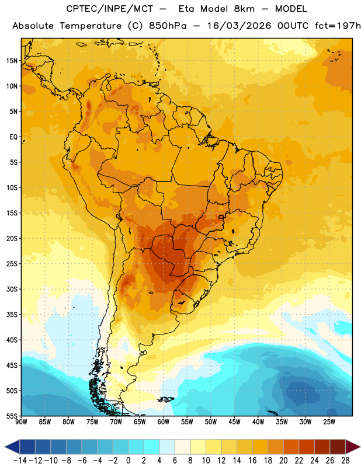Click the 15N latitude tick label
[12, 61]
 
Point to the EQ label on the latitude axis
[13, 137]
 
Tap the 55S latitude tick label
[12, 416]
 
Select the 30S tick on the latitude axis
[12, 289]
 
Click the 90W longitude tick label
[21, 422]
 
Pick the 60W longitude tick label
[164, 422]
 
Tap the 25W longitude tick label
[329, 422]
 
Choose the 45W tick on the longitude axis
[235, 422]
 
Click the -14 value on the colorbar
[20, 461]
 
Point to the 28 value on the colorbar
[345, 461]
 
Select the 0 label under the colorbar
[128, 461]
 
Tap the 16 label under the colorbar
[252, 461]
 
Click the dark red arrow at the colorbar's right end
[352, 447]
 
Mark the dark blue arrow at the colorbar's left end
[12, 447]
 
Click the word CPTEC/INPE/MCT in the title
[109, 9]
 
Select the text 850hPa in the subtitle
[168, 26]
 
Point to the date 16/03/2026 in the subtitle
[239, 26]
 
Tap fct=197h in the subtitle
[338, 26]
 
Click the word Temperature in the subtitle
[91, 26]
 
